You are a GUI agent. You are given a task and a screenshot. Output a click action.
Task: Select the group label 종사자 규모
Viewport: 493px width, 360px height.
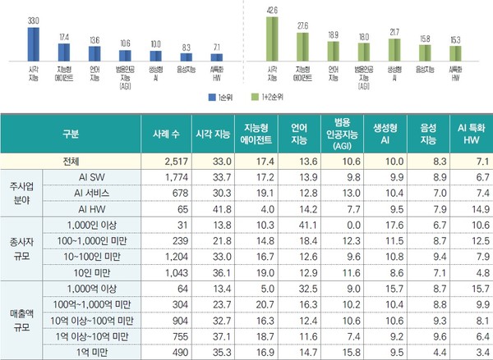click(21, 247)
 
